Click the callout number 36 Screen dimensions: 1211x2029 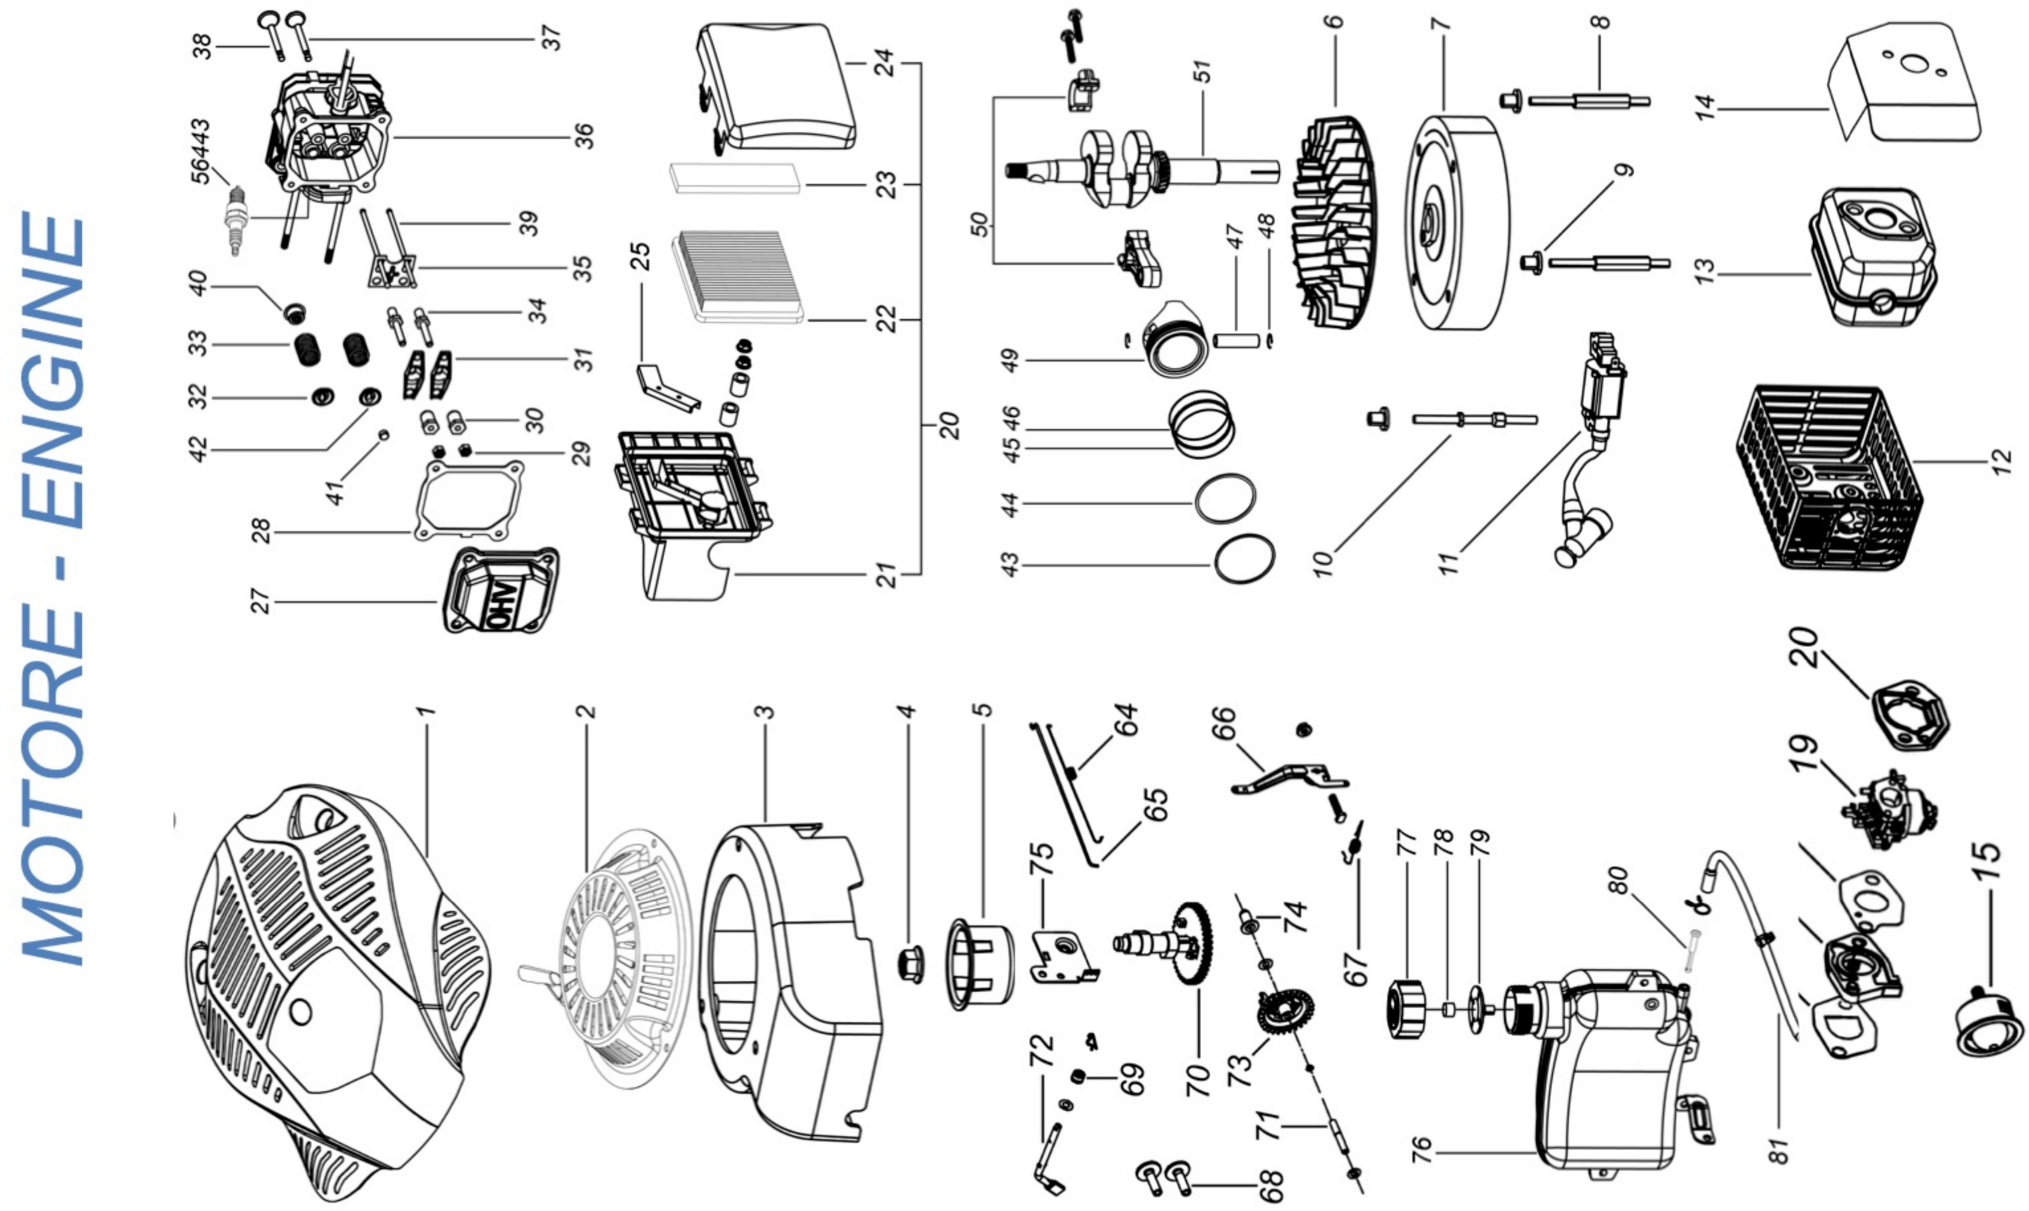point(584,134)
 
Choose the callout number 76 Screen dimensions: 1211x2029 point(1421,1150)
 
